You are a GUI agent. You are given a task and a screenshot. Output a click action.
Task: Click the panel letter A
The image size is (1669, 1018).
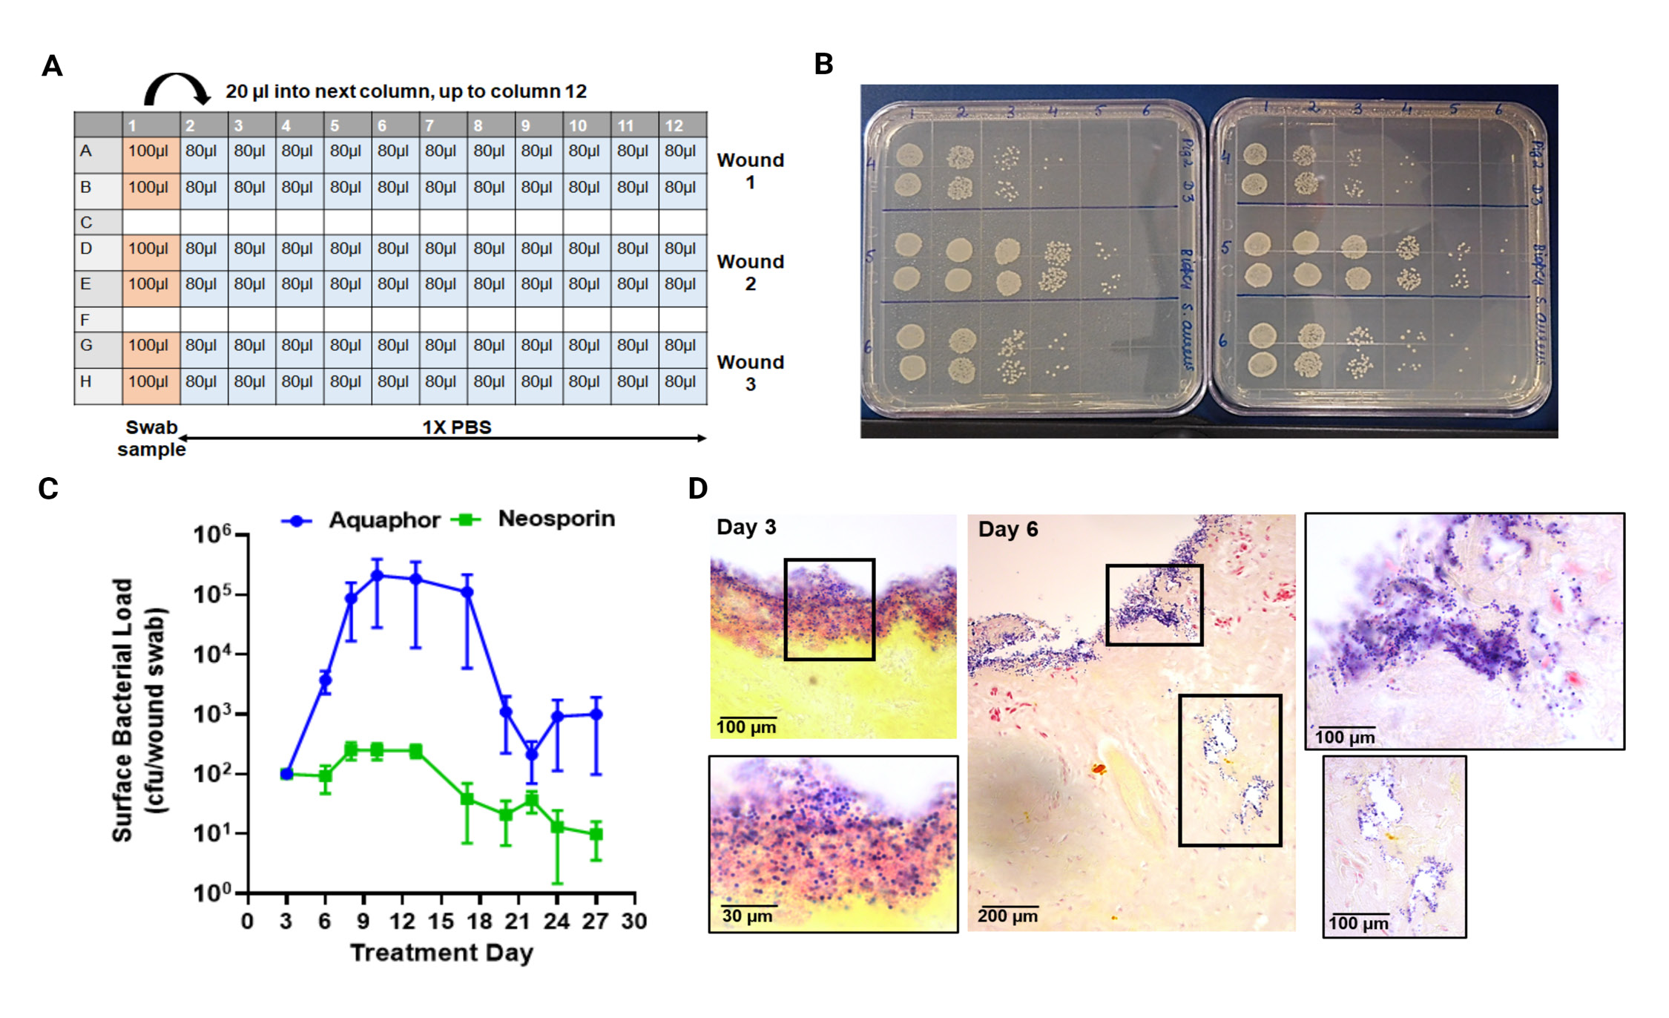pos(52,66)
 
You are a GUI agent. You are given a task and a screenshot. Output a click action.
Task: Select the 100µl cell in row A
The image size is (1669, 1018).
pos(148,151)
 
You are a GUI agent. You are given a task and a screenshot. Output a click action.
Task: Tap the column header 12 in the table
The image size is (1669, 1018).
pos(674,125)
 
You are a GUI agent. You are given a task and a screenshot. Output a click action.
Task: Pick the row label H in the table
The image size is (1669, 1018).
pos(86,381)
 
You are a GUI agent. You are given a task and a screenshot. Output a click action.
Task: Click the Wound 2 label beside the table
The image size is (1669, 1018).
pos(750,272)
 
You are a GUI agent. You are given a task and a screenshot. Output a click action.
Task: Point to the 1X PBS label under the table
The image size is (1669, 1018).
pos(456,427)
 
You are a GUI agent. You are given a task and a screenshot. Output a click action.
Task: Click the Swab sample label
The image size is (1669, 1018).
pos(151,438)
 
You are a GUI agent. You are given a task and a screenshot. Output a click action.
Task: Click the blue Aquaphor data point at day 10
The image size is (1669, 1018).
pos(377,575)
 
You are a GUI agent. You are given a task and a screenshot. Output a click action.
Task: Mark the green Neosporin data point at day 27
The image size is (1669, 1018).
pos(596,834)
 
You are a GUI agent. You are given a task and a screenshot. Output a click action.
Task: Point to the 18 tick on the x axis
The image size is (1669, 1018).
pos(479,922)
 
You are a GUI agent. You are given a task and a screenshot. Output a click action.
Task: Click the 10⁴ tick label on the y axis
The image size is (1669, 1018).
pos(212,654)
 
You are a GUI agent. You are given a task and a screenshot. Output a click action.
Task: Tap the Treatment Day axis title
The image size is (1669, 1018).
pos(441,952)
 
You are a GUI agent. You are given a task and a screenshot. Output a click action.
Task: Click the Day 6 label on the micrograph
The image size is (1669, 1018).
pos(1007,529)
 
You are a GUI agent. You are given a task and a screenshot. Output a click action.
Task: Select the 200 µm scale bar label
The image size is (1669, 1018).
pos(1007,916)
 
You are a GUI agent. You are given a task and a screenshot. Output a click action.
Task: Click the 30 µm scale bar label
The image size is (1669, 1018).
pos(747,916)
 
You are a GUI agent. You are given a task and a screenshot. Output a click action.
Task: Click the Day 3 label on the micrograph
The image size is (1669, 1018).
pos(746,527)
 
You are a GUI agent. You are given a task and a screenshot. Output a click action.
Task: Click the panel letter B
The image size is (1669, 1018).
pos(823,65)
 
